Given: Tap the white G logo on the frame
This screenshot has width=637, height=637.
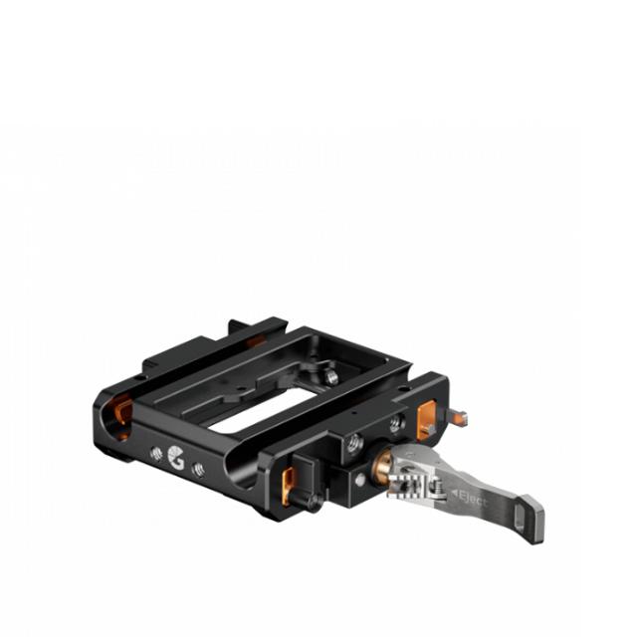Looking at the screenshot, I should (x=176, y=457).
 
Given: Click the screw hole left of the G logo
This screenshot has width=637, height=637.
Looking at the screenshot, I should (x=156, y=453).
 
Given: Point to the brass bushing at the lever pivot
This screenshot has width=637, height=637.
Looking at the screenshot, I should (x=382, y=467).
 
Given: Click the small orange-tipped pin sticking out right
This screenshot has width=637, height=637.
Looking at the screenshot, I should (x=457, y=417).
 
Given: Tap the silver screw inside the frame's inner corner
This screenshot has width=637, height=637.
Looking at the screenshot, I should (x=331, y=377).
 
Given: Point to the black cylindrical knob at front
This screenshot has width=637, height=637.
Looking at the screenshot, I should (x=313, y=503).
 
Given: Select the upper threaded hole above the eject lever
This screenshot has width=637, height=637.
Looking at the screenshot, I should (x=395, y=423).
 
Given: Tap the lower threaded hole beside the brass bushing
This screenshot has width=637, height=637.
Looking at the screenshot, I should (x=354, y=444).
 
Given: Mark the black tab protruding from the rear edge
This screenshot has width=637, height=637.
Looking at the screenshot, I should (x=239, y=326).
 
